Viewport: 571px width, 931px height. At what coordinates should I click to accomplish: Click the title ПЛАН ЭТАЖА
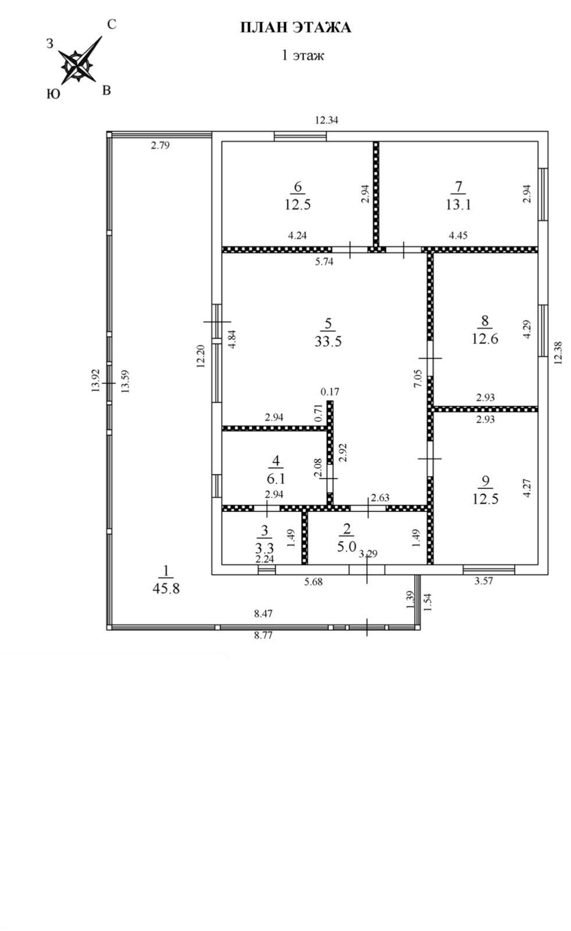coord(296,27)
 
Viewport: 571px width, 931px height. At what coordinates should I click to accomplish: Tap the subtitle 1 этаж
coord(302,55)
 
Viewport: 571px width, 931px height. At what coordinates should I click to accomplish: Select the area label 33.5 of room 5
coord(328,341)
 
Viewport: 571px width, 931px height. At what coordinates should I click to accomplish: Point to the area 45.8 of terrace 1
coord(166,588)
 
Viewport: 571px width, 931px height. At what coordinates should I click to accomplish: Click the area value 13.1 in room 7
coord(458,204)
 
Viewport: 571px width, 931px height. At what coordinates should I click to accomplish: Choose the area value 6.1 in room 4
coord(276,478)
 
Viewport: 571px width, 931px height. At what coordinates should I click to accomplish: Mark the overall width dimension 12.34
coord(326,120)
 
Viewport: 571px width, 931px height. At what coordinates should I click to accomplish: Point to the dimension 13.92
coord(96,381)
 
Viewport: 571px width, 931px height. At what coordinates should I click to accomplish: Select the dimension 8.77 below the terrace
coord(263,635)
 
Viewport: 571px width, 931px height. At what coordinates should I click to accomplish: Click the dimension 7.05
coord(417,382)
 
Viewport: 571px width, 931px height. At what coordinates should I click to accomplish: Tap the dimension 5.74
coord(324,261)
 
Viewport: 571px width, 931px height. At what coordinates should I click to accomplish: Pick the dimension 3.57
coord(484,580)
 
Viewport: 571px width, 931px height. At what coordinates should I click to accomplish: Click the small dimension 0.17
coord(329,391)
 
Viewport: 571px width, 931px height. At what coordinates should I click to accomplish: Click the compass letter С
coord(112,24)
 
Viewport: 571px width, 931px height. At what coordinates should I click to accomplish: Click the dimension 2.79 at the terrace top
coord(160,145)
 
